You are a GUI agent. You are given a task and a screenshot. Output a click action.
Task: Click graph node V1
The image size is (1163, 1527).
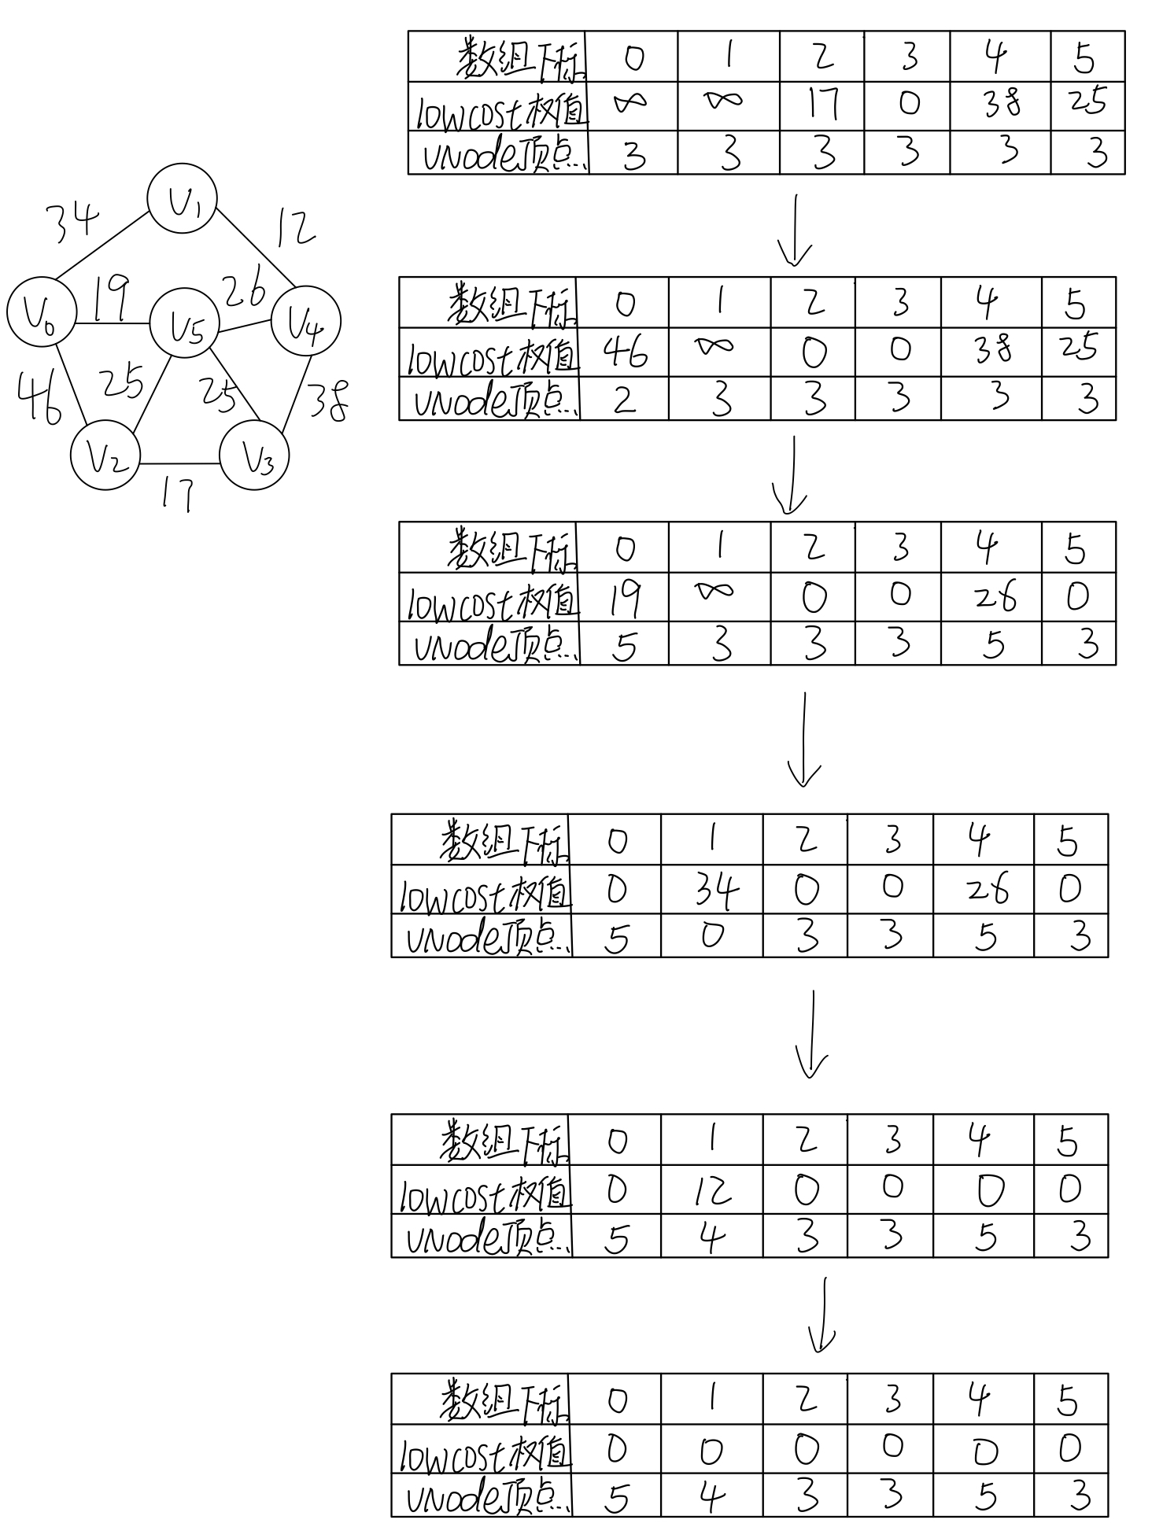[x=183, y=198]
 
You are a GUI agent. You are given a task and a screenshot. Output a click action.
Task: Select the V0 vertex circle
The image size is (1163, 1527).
[x=41, y=312]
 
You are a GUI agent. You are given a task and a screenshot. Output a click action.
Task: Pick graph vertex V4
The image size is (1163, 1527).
[x=305, y=321]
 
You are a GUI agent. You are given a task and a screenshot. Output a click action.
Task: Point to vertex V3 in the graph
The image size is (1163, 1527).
[x=255, y=455]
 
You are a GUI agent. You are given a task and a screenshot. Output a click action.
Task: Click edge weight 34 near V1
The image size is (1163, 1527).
[x=72, y=219]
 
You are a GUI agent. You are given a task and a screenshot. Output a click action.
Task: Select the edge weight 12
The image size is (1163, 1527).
[x=294, y=228]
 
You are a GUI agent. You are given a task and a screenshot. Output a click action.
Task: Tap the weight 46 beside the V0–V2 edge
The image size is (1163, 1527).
[x=39, y=399]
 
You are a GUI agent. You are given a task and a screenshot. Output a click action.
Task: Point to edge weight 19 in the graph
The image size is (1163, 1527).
[x=112, y=298]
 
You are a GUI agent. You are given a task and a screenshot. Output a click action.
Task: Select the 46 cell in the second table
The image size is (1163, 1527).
[x=626, y=352]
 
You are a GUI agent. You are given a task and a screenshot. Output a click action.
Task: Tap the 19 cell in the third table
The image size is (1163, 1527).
[x=625, y=598]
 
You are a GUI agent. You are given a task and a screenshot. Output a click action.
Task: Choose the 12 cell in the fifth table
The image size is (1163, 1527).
[x=713, y=1190]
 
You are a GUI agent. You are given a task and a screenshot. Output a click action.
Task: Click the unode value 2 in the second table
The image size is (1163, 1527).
[x=624, y=400]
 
